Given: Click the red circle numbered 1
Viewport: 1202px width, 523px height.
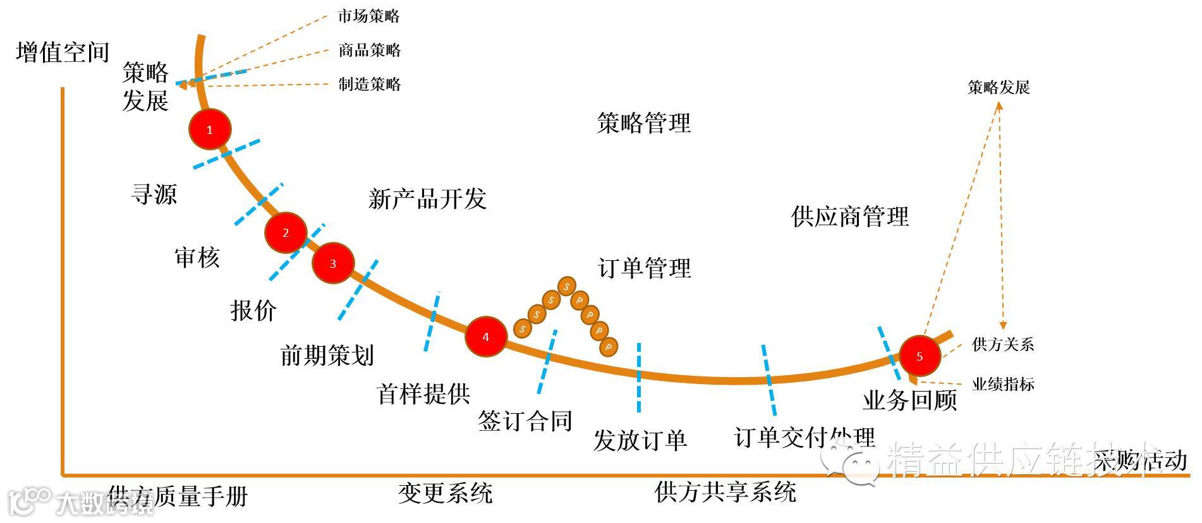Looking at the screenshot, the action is click(210, 129).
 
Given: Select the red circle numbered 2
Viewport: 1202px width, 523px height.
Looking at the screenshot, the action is click(286, 233).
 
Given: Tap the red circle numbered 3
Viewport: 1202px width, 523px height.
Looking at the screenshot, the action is click(333, 263).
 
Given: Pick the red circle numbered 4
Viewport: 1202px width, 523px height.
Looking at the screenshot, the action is click(485, 337).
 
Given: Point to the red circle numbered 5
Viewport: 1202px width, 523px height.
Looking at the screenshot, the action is click(920, 356).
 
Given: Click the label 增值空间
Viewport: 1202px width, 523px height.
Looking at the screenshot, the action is click(63, 52).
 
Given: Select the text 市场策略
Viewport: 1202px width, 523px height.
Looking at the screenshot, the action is click(368, 16).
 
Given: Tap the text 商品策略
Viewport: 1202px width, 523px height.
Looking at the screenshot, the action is click(370, 50).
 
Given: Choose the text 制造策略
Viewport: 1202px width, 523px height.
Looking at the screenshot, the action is click(370, 84).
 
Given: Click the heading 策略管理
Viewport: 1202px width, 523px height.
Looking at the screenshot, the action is click(643, 123).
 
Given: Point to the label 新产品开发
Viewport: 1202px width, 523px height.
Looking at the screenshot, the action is click(427, 199).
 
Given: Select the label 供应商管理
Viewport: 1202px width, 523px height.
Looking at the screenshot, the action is click(849, 217).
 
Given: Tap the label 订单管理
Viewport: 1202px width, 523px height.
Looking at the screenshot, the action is click(644, 268).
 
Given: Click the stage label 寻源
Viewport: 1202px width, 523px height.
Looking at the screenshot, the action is click(154, 194).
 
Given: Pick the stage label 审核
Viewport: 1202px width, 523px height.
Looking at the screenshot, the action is click(197, 257).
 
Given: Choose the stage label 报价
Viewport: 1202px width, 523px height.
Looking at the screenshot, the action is click(253, 310).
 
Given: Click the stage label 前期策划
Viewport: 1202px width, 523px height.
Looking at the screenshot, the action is click(327, 355).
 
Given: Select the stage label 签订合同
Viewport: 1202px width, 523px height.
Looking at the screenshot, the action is click(525, 421).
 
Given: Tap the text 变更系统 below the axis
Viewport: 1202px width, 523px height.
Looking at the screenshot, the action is click(445, 493).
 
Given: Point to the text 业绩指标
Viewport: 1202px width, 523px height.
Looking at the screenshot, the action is click(1003, 383).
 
